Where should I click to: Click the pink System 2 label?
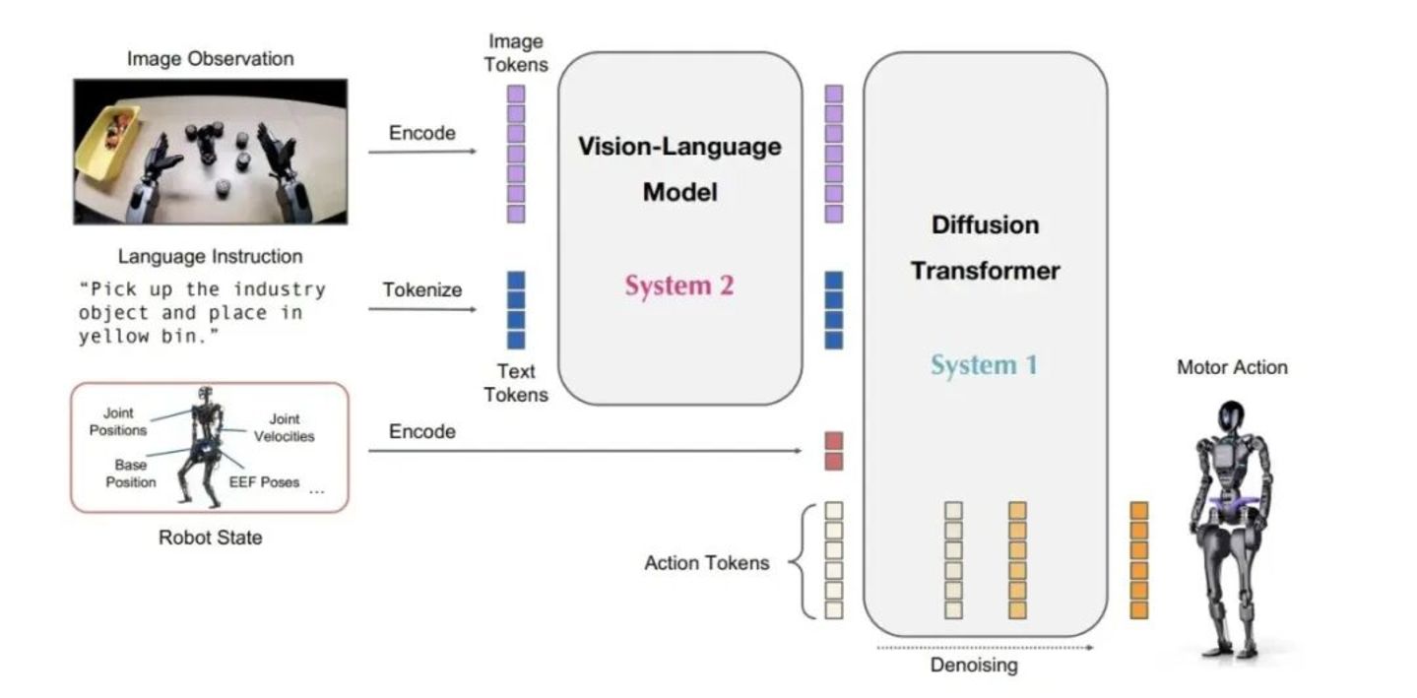tap(679, 286)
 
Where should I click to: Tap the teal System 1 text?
tap(985, 365)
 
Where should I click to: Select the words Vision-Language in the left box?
tap(679, 147)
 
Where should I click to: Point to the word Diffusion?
tap(985, 225)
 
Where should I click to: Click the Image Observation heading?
tap(210, 59)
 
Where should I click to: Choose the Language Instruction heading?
tap(210, 256)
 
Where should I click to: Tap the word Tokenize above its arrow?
tap(421, 289)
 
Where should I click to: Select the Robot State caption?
tap(210, 538)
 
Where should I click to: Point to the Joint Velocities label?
tap(284, 427)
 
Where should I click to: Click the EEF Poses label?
tap(264, 482)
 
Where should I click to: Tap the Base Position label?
tap(130, 474)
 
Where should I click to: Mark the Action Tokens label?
tap(707, 563)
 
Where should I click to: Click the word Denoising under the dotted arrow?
tap(974, 666)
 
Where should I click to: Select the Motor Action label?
tap(1232, 367)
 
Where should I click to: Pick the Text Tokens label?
tap(516, 383)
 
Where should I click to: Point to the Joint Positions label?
tap(117, 421)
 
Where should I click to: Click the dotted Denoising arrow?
tap(985, 648)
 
